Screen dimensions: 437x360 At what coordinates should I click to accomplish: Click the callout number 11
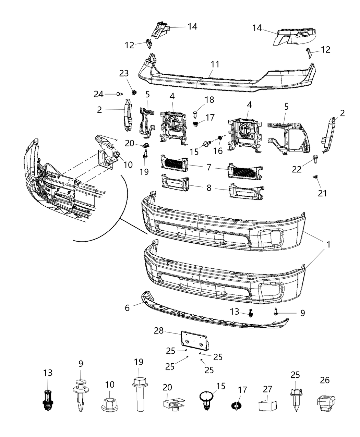pyautogui.click(x=215, y=64)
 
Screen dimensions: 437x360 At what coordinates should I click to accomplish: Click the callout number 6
pyautogui.click(x=127, y=308)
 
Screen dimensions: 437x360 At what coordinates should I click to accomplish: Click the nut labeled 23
pyautogui.click(x=134, y=92)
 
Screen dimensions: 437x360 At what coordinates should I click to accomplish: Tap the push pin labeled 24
pyautogui.click(x=120, y=94)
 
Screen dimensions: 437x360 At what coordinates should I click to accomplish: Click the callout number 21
pyautogui.click(x=322, y=193)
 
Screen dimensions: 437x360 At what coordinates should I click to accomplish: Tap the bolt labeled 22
pyautogui.click(x=315, y=158)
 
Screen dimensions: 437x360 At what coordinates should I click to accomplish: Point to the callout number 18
pyautogui.click(x=209, y=100)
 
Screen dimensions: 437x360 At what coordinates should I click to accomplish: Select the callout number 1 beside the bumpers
pyautogui.click(x=328, y=245)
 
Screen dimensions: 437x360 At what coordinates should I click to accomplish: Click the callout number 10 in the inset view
pyautogui.click(x=128, y=165)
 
